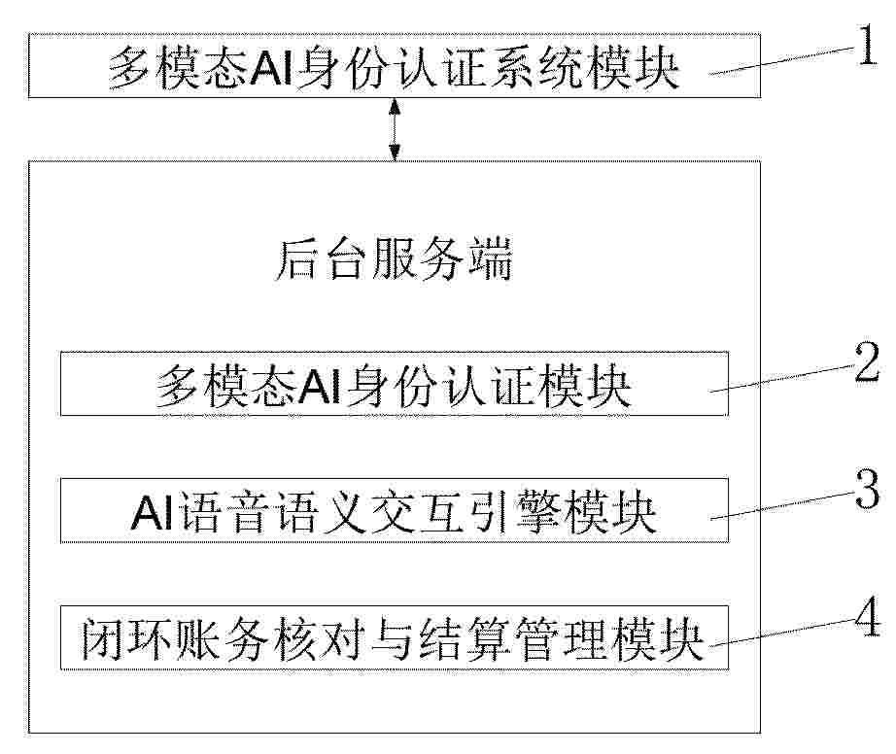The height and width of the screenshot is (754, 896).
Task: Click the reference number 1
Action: click(867, 46)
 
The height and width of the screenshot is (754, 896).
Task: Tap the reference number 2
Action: click(868, 362)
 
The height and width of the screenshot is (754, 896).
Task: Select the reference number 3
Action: click(868, 490)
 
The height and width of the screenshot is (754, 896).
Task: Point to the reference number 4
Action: click(868, 617)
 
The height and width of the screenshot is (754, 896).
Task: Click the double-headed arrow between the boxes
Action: click(395, 129)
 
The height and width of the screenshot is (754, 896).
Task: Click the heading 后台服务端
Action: click(395, 259)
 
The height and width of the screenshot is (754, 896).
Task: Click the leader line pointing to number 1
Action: click(782, 60)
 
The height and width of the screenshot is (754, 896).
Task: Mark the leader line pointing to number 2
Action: click(782, 378)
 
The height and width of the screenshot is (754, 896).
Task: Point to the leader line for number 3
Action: click(782, 505)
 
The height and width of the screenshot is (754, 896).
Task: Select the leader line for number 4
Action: click(782, 633)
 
